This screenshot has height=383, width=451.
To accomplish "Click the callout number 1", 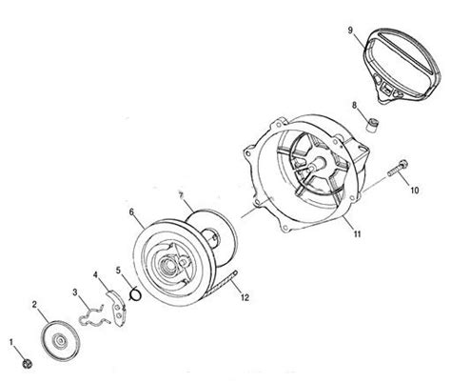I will [10, 338].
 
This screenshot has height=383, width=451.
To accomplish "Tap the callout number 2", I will [33, 304].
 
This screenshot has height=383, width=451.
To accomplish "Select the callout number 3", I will [75, 290].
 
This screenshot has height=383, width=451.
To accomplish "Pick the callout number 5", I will [117, 270].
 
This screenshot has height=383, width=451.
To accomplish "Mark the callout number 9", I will [350, 30].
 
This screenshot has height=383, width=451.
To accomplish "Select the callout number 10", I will [413, 191].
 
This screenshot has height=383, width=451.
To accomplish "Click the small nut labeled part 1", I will [27, 362].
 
